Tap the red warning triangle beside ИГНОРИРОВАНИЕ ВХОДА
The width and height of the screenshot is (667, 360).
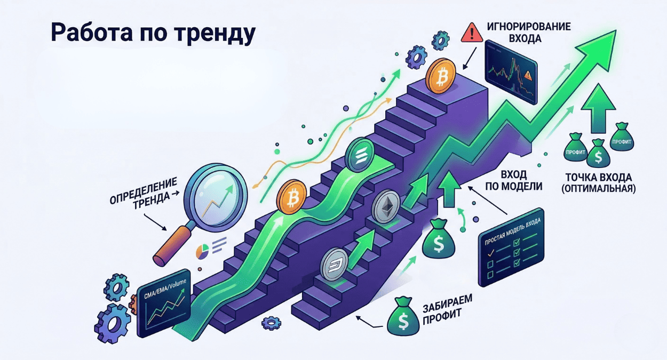(x=471, y=34)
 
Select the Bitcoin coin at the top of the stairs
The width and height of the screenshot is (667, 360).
(x=441, y=78)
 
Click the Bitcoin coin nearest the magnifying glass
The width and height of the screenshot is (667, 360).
(x=290, y=199)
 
